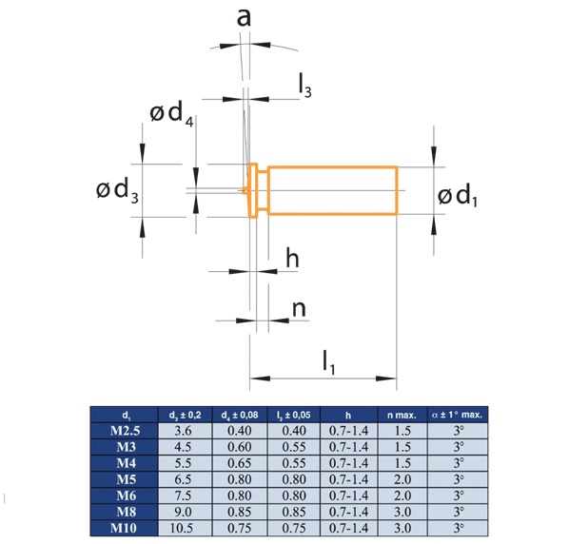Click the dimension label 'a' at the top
tap(244, 18)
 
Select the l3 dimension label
tap(304, 86)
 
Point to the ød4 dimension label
tap(171, 114)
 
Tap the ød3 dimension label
tap(117, 190)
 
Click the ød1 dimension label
tap(458, 195)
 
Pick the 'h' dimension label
tap(292, 258)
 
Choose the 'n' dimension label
tap(299, 309)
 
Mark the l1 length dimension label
tap(329, 363)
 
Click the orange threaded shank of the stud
tap(332, 191)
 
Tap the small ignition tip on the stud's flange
tap(245, 190)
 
